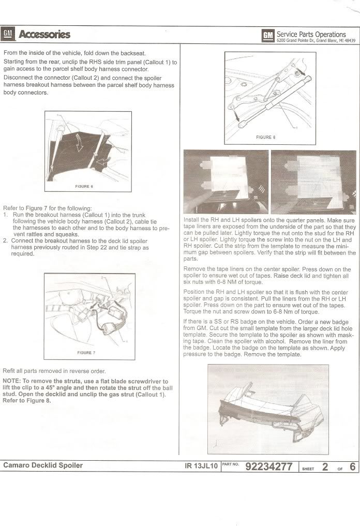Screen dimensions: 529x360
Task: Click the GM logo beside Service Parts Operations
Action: (267, 36)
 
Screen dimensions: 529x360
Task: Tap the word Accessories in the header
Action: (44, 35)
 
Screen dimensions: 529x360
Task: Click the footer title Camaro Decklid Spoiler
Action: (43, 465)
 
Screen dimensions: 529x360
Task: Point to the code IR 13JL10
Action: (202, 466)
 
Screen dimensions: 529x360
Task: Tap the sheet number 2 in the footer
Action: (325, 466)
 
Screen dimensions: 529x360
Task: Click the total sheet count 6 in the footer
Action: (352, 466)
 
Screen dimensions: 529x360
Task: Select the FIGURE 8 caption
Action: (266, 137)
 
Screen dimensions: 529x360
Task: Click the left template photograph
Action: (226, 182)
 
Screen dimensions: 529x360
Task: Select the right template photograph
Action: (313, 182)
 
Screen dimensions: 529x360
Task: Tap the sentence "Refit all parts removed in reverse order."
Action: (54, 371)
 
